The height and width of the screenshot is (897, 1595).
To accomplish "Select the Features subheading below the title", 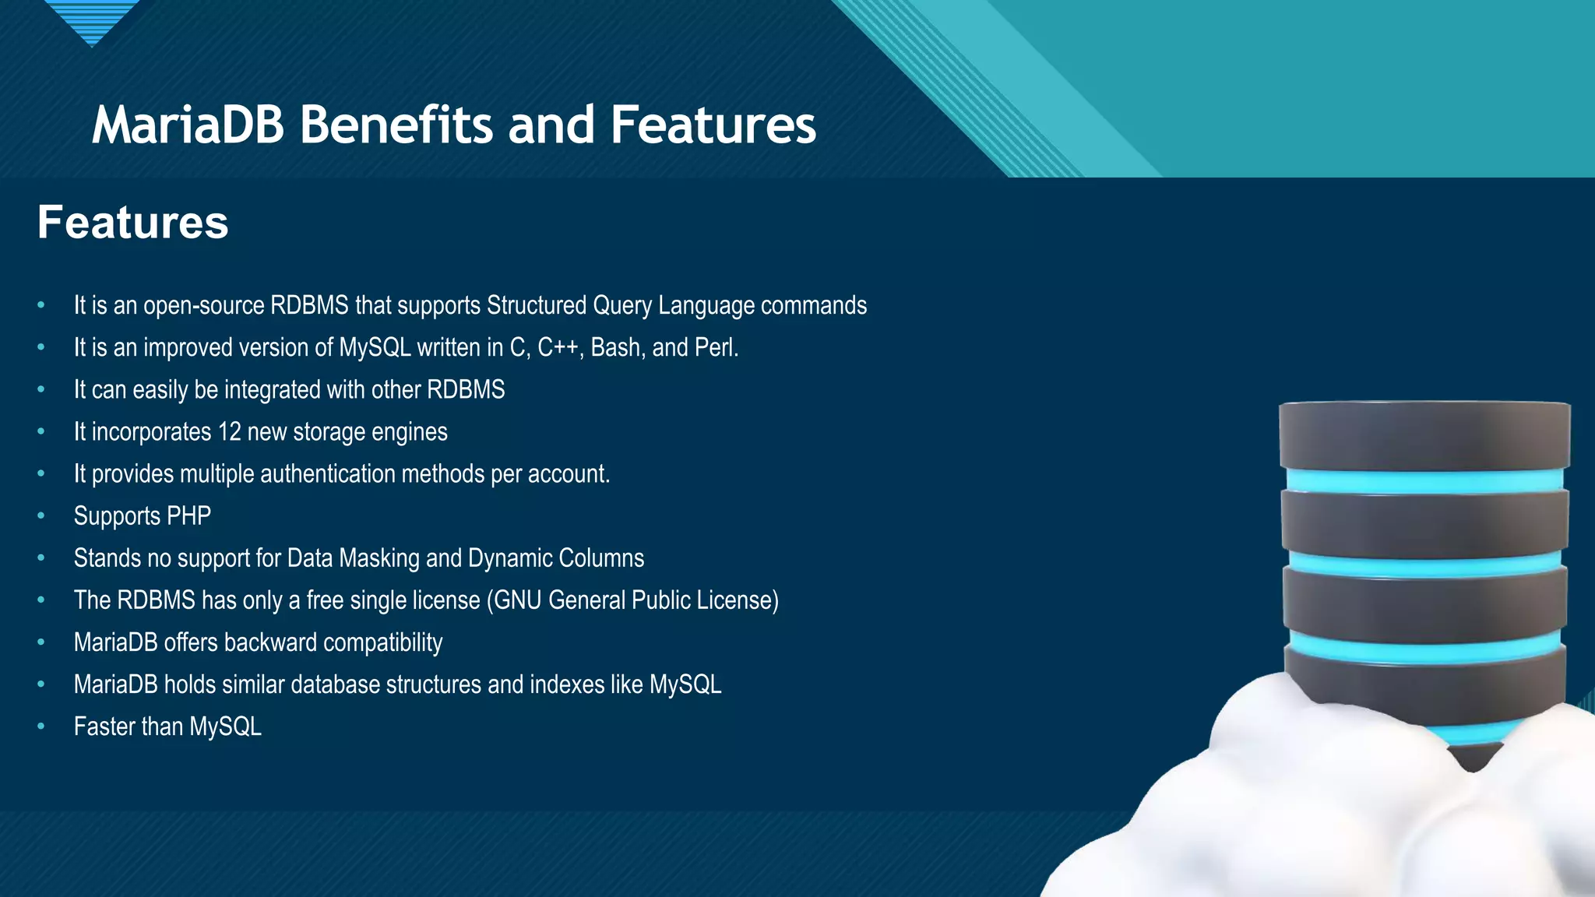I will coord(133,223).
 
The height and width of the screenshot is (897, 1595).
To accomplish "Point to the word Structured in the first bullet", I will coord(536,305).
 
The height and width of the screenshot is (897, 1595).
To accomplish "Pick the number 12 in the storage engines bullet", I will coord(229,431).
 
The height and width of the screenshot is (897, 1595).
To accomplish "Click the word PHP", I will coord(188,515).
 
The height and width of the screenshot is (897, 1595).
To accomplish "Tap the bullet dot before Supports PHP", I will coord(40,515).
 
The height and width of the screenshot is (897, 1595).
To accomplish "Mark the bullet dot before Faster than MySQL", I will coord(40,726).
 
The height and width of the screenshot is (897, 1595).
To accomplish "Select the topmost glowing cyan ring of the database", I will coord(1424,481).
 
